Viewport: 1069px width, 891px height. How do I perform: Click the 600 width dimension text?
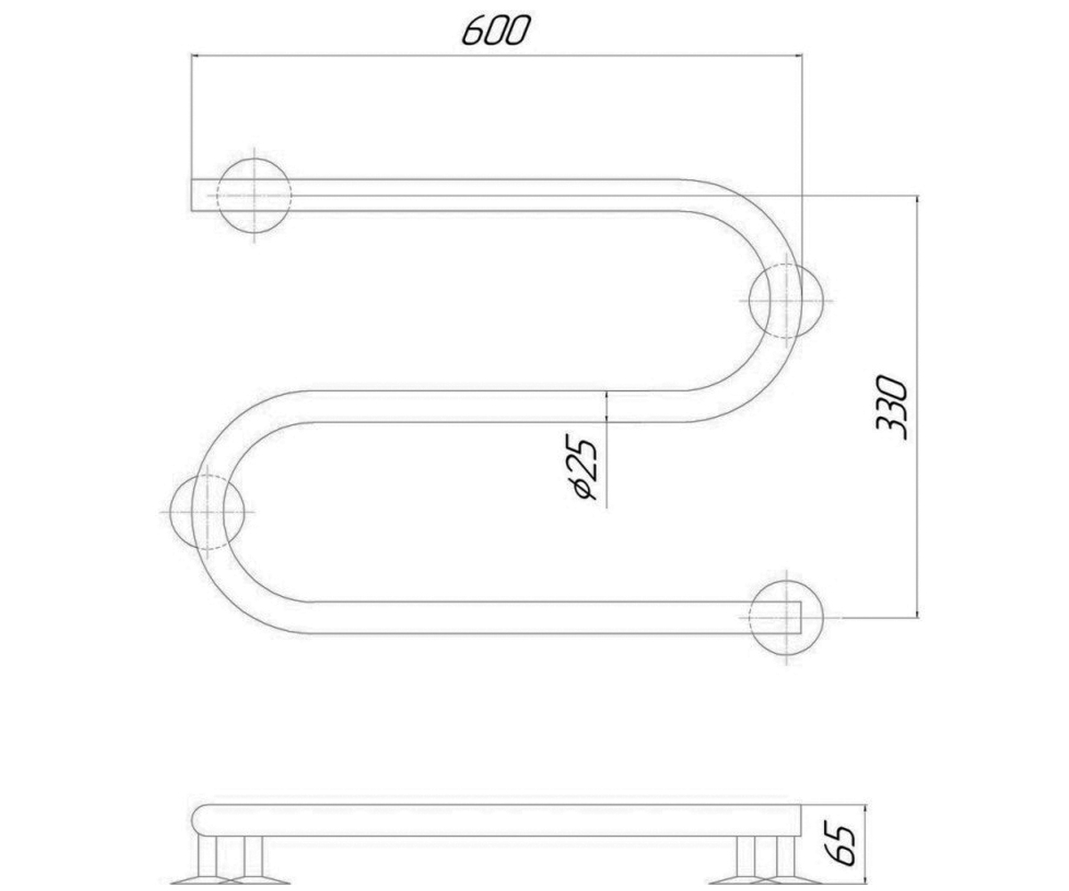pos(494,30)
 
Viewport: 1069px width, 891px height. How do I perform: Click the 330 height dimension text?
pos(892,407)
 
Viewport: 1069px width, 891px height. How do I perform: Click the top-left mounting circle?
pos(255,196)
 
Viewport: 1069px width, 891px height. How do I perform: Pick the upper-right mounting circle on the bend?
pos(786,300)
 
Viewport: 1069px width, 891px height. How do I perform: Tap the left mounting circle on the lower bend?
pos(207,511)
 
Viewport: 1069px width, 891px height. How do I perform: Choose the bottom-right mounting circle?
pos(786,617)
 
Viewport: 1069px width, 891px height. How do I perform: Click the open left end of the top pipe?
pos(192,195)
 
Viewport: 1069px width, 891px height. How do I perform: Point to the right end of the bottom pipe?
pos(801,617)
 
